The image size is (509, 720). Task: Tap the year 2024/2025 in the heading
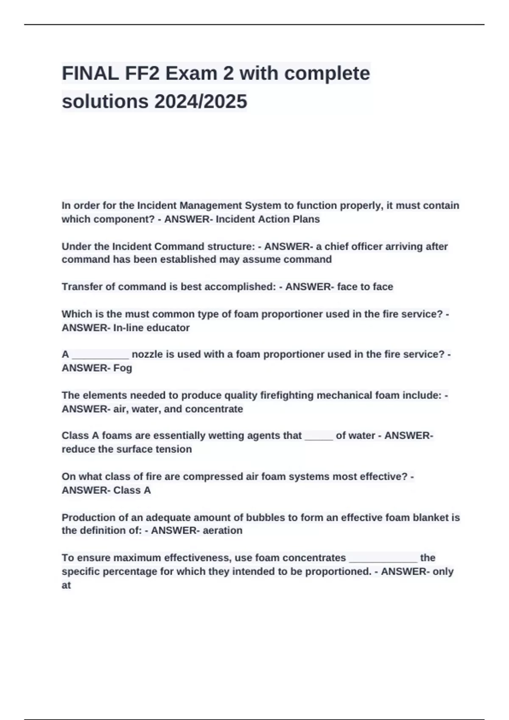[201, 102]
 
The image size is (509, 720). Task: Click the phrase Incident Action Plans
[268, 219]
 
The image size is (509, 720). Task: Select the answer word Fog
[123, 368]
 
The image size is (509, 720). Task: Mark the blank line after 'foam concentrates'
[383, 559]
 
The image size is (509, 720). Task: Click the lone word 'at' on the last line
[66, 585]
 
